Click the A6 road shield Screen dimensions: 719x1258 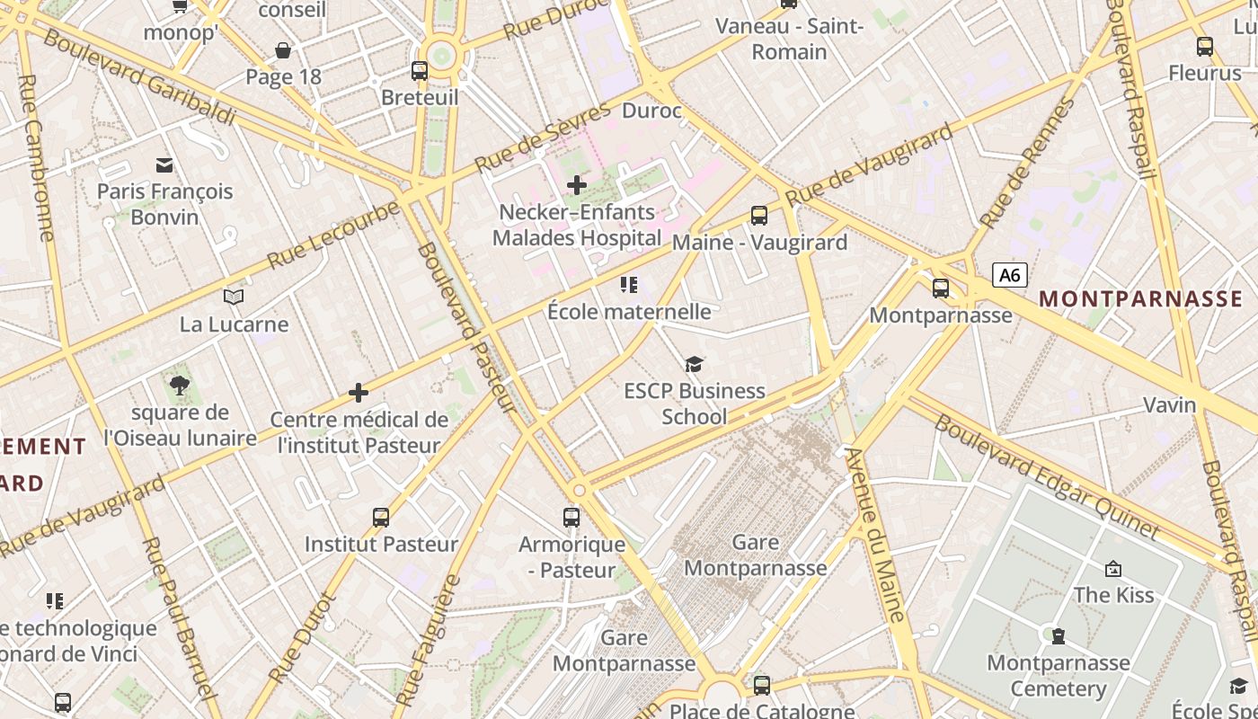1009,275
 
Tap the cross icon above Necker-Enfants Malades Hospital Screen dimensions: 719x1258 576,185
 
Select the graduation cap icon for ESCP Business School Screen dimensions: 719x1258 694,364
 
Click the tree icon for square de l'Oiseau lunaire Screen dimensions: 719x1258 180,386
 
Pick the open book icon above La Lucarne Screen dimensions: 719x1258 234,297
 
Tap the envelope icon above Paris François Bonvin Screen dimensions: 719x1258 164,164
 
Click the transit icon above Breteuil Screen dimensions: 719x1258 420,70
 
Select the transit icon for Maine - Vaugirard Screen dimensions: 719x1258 759,216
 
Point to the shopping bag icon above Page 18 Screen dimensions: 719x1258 283,50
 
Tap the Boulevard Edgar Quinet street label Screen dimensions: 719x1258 1047,476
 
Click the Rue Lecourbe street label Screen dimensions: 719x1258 333,235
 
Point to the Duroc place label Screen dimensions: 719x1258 651,111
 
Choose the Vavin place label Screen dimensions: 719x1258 1169,404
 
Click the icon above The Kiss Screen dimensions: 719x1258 1113,568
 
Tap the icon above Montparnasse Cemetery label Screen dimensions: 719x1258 1059,636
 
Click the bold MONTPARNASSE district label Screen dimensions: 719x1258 1140,299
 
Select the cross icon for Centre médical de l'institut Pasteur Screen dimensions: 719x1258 359,393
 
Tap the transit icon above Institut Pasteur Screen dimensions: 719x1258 381,518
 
